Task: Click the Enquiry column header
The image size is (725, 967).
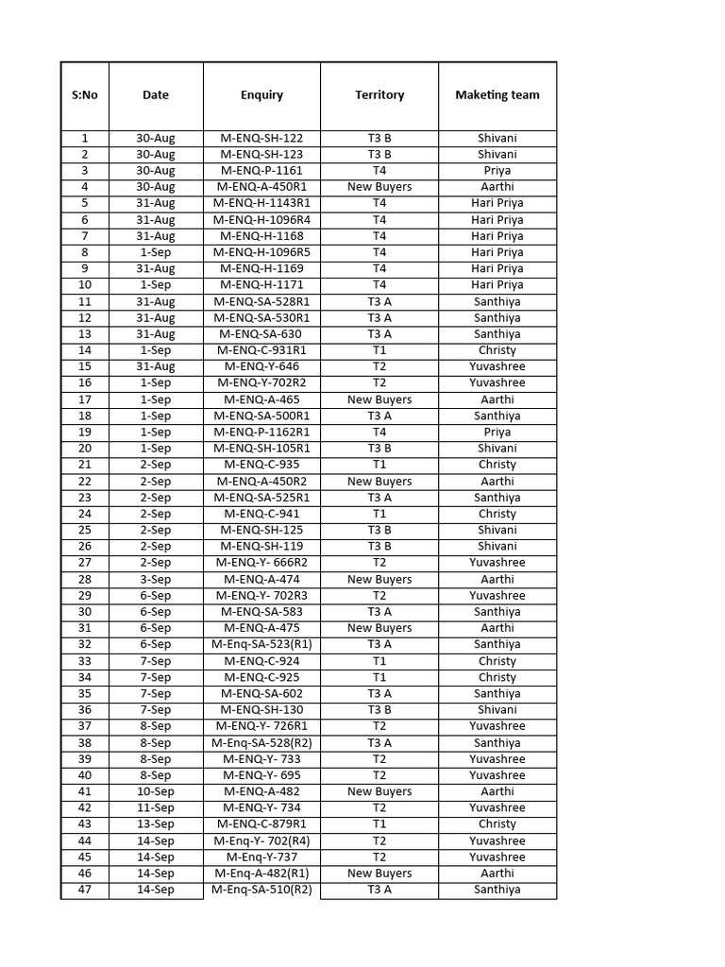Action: (x=261, y=94)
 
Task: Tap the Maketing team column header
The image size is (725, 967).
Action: (x=497, y=94)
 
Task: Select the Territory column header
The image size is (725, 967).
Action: (x=379, y=94)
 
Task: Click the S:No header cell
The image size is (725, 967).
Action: (x=85, y=94)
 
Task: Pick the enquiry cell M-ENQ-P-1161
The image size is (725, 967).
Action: (x=261, y=171)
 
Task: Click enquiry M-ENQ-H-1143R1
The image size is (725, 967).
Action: (x=261, y=203)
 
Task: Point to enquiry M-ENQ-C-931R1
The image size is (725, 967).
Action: (x=261, y=350)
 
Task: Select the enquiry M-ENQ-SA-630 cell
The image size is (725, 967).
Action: (x=261, y=334)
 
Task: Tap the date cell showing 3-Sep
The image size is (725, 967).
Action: (x=156, y=579)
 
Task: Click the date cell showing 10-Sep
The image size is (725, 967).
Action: (x=156, y=791)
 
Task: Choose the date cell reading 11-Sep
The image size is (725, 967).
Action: (x=156, y=807)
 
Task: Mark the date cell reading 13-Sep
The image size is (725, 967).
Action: (x=156, y=824)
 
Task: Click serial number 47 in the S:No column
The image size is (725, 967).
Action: (x=85, y=890)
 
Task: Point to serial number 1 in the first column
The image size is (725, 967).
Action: (x=85, y=138)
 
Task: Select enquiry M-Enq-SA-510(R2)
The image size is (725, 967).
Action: (x=261, y=890)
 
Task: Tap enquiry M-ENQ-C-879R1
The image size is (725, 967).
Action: (x=261, y=824)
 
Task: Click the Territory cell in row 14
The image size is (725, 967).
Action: (x=379, y=350)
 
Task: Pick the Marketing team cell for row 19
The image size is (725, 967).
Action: (x=497, y=432)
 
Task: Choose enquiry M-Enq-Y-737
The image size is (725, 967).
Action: (x=261, y=857)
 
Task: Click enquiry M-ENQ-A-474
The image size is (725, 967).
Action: (x=261, y=579)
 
